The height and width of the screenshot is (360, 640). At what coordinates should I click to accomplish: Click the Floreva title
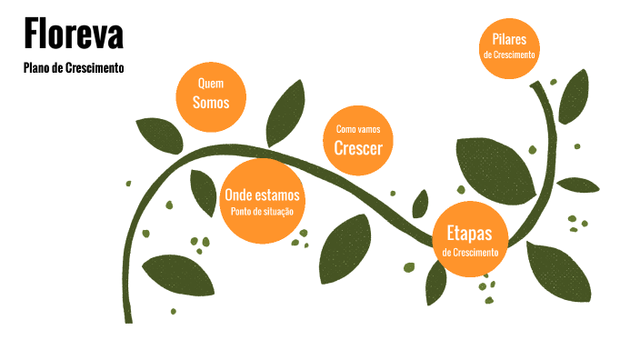[73, 35]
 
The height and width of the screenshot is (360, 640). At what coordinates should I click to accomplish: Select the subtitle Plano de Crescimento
[73, 68]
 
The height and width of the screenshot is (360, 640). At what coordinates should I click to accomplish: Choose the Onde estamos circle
[262, 202]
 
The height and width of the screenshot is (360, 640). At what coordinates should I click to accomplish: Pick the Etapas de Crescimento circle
[470, 239]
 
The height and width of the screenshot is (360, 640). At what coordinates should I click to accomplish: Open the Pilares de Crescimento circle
[509, 45]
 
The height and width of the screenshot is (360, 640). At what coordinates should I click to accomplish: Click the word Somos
[211, 103]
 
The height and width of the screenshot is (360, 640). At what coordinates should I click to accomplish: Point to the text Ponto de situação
[262, 212]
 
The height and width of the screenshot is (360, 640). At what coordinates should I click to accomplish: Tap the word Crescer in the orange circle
[358, 149]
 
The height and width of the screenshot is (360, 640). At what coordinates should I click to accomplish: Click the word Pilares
[509, 39]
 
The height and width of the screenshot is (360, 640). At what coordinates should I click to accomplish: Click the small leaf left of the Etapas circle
[420, 203]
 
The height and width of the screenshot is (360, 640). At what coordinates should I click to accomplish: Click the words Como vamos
[358, 130]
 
